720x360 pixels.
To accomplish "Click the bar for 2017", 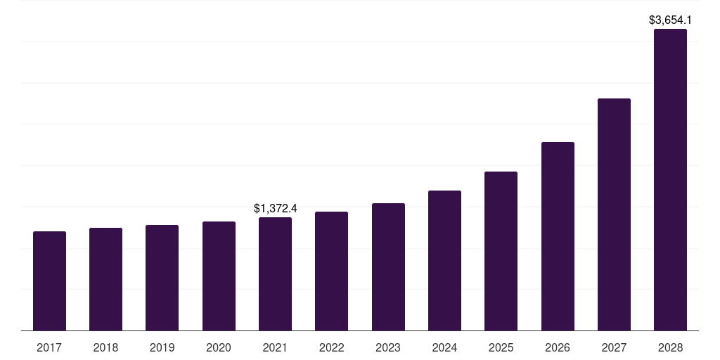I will click(49, 281).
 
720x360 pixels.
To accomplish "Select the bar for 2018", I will click(105, 279).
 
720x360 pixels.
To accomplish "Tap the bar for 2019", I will click(162, 278).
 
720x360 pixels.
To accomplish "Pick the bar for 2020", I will click(219, 276).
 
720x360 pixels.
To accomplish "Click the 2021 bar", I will click(275, 274).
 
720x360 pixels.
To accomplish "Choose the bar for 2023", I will click(388, 266).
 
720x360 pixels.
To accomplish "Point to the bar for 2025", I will click(501, 251).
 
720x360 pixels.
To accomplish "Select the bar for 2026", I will click(558, 236).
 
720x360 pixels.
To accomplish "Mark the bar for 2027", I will click(614, 214).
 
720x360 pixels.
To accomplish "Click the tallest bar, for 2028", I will click(670, 179).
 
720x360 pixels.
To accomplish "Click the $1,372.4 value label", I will click(275, 208).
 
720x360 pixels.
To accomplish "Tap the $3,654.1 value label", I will click(670, 20).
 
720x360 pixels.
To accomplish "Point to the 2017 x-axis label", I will click(49, 347).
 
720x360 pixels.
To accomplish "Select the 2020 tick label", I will click(219, 347).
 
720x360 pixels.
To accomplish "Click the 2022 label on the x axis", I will click(331, 347).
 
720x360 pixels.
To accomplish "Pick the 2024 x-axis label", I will click(444, 347).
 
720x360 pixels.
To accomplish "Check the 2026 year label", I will click(558, 347).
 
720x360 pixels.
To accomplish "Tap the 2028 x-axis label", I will click(670, 347).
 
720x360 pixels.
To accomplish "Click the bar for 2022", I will click(331, 271).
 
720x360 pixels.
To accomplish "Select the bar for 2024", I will click(444, 260).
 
